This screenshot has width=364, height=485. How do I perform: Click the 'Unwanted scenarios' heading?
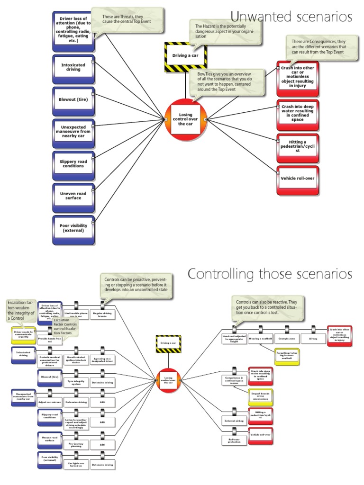[291, 18]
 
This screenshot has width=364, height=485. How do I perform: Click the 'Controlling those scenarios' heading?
[270, 274]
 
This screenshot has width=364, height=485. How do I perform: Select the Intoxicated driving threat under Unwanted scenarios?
[73, 67]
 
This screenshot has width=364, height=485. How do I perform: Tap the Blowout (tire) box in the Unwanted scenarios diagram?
[73, 100]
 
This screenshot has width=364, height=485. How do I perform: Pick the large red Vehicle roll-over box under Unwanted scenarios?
[298, 179]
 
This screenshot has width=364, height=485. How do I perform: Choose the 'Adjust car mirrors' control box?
[50, 402]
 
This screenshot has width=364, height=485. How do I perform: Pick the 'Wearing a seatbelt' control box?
[261, 339]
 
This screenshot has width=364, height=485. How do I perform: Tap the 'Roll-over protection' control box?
[234, 440]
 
